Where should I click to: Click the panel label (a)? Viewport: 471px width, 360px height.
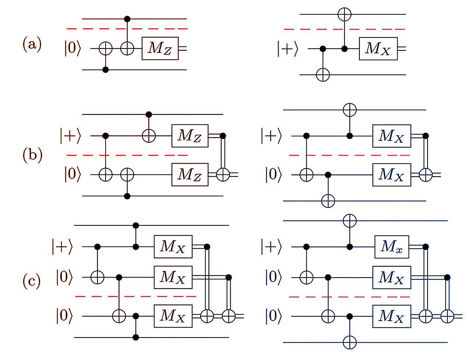pos(32,44)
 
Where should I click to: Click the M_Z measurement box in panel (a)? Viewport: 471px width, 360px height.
pos(160,49)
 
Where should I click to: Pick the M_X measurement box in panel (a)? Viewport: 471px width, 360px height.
pos(378,49)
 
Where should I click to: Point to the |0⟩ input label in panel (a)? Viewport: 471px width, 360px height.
pos(73,48)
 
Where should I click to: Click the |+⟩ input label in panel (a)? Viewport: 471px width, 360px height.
pos(288,49)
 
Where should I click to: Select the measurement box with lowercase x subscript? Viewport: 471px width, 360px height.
pos(392,247)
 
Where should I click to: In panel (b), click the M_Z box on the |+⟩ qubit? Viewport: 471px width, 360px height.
pos(190,136)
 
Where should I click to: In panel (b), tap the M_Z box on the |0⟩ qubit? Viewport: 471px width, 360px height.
pos(190,175)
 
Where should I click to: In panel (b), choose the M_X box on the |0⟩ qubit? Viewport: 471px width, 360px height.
pos(392,175)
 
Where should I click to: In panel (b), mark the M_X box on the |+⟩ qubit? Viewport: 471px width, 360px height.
pos(392,136)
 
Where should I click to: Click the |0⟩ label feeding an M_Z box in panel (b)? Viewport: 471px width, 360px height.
pos(73,175)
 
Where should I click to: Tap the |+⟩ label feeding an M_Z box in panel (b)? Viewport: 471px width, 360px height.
pos(71,136)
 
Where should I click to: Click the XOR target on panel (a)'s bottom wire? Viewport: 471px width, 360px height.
pos(323,75)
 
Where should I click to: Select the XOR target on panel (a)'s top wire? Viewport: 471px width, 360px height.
pos(344,14)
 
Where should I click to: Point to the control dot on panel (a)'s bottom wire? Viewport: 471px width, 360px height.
pos(106,70)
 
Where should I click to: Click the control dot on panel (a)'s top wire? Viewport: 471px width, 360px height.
pos(127,19)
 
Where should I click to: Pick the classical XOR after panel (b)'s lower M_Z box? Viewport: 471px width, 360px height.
pos(223,175)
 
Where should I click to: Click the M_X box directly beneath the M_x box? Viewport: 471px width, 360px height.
pos(392,278)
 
